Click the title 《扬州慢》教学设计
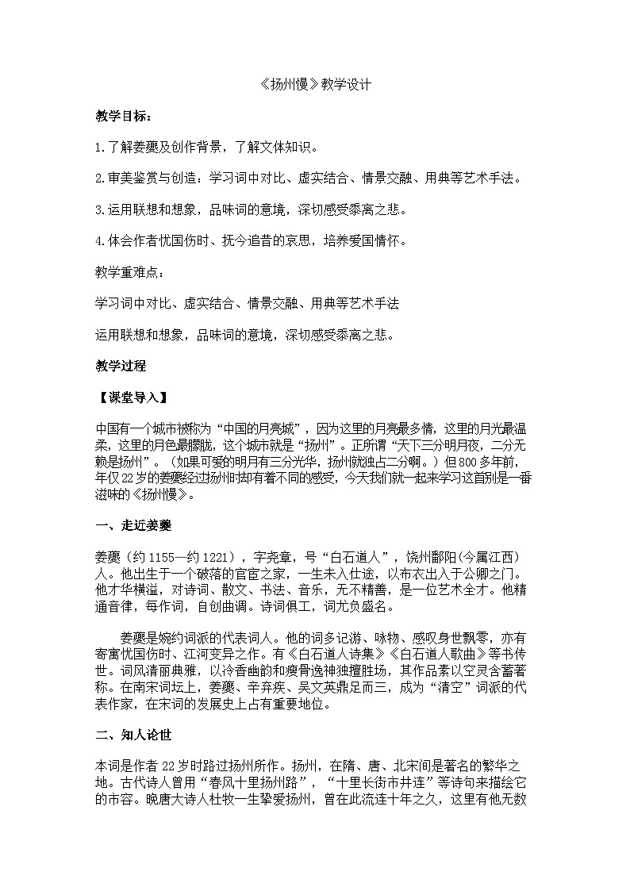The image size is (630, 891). [315, 85]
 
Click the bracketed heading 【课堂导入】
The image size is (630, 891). [130, 397]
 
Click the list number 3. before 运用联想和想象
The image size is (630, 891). [100, 210]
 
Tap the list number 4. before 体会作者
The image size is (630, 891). [100, 241]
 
